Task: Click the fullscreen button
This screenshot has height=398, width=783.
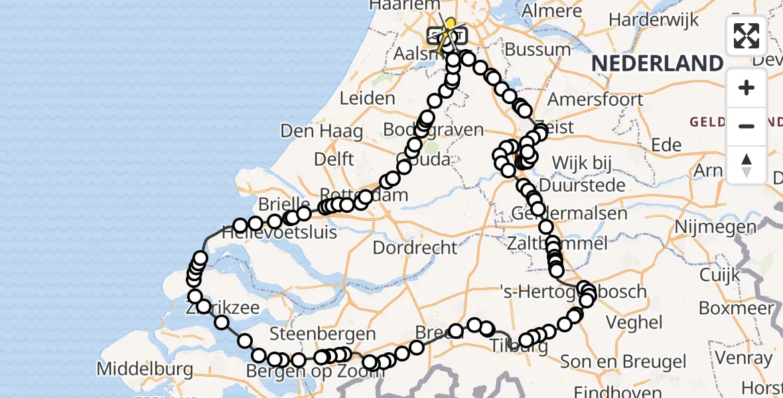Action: click(747, 36)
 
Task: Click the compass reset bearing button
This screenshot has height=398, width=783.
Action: click(747, 164)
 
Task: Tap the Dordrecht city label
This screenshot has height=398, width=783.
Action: click(415, 248)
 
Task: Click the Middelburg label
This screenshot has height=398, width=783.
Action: click(145, 369)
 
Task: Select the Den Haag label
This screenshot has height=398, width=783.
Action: click(322, 131)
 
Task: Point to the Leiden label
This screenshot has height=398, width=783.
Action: click(367, 99)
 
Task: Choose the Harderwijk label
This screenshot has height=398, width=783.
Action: click(654, 19)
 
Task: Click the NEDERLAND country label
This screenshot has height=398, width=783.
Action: click(657, 64)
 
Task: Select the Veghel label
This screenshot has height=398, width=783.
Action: click(636, 322)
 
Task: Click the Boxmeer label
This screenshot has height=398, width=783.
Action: click(736, 308)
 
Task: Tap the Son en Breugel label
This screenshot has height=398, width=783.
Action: click(623, 362)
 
